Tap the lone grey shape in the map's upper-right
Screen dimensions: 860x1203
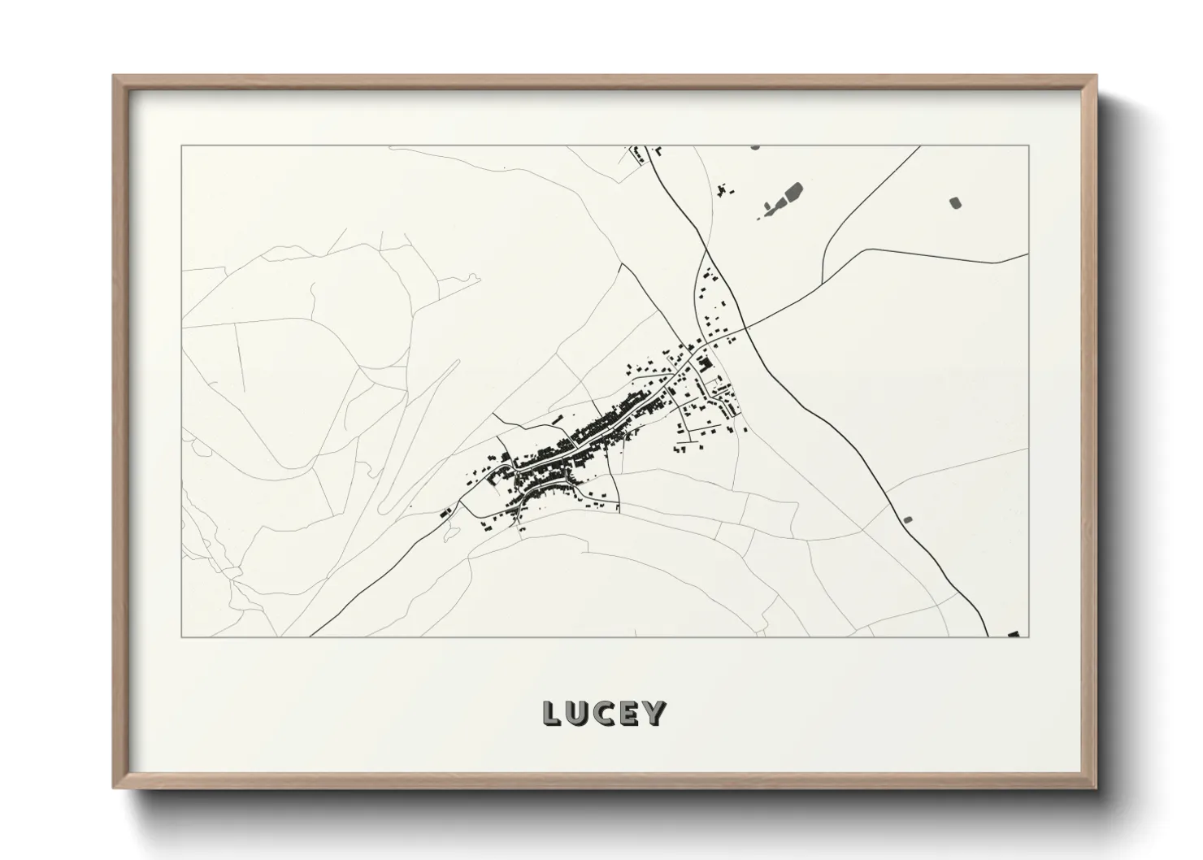(x=955, y=202)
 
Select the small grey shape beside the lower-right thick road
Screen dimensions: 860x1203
(x=908, y=519)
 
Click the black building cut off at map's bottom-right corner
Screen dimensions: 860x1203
(x=1013, y=633)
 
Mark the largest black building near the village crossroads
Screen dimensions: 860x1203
(x=704, y=364)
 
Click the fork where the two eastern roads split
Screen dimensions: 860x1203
(x=823, y=280)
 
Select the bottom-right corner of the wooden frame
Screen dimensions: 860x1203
(x=1097, y=788)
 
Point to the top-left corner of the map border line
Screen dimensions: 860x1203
(x=181, y=146)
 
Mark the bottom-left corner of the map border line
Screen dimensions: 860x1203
(x=181, y=636)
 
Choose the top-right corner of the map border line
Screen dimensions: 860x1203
(x=1030, y=146)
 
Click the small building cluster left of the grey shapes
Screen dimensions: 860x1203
(x=723, y=190)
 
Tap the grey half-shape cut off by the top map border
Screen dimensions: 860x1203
(x=755, y=148)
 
